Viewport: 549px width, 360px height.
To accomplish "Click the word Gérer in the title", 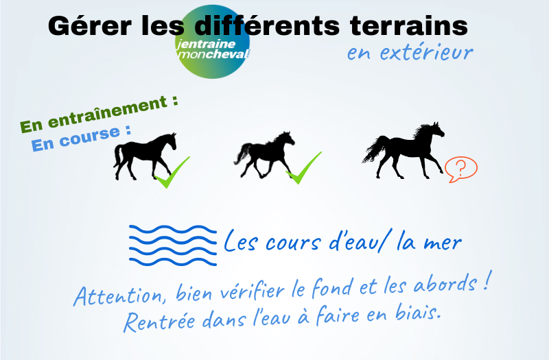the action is point(90,27).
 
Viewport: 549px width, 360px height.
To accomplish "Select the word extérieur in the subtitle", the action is point(427,53).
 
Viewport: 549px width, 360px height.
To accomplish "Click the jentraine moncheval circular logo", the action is point(213,42).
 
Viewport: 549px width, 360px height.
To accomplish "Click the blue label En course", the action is point(81,139).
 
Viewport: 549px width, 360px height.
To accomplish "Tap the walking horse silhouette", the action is point(145,156).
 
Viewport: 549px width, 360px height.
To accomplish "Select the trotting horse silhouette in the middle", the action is point(264,155).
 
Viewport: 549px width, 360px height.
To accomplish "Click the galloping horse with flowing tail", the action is point(404,150).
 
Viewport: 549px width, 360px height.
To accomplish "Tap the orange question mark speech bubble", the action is point(460,169).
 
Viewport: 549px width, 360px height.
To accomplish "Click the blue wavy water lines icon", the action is point(173,245).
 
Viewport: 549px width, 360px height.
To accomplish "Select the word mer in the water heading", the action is point(443,243).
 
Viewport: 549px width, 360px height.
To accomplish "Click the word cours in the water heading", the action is point(293,243).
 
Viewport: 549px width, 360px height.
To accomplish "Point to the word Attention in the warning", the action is point(119,296).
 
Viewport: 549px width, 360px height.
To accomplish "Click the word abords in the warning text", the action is point(445,283).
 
